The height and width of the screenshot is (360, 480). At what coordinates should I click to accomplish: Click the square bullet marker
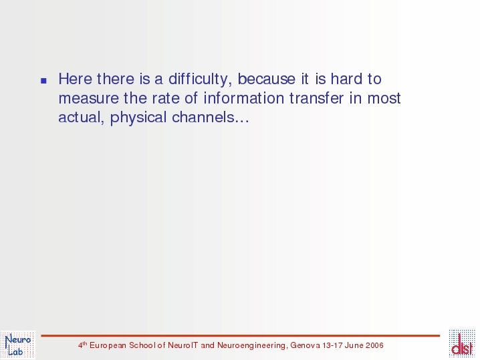tap(43, 81)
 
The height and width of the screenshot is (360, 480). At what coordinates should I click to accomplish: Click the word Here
tap(75, 79)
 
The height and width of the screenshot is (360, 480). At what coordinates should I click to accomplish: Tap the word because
tap(266, 79)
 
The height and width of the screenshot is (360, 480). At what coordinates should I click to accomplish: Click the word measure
tap(88, 98)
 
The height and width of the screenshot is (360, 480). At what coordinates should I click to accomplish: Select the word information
tap(243, 98)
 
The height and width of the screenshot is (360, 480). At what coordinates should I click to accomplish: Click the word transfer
tap(316, 98)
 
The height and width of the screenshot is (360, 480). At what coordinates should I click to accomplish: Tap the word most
tap(384, 98)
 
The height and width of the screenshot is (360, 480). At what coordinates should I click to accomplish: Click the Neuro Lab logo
tap(18, 345)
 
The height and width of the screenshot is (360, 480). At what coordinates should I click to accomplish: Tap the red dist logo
tap(462, 344)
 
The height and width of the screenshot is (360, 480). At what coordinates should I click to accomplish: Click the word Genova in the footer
tap(306, 345)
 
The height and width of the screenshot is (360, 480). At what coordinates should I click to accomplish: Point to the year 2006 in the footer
tap(374, 345)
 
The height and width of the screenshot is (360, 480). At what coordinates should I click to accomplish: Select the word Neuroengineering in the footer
tap(252, 345)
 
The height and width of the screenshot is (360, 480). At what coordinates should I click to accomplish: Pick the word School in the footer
tap(142, 345)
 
